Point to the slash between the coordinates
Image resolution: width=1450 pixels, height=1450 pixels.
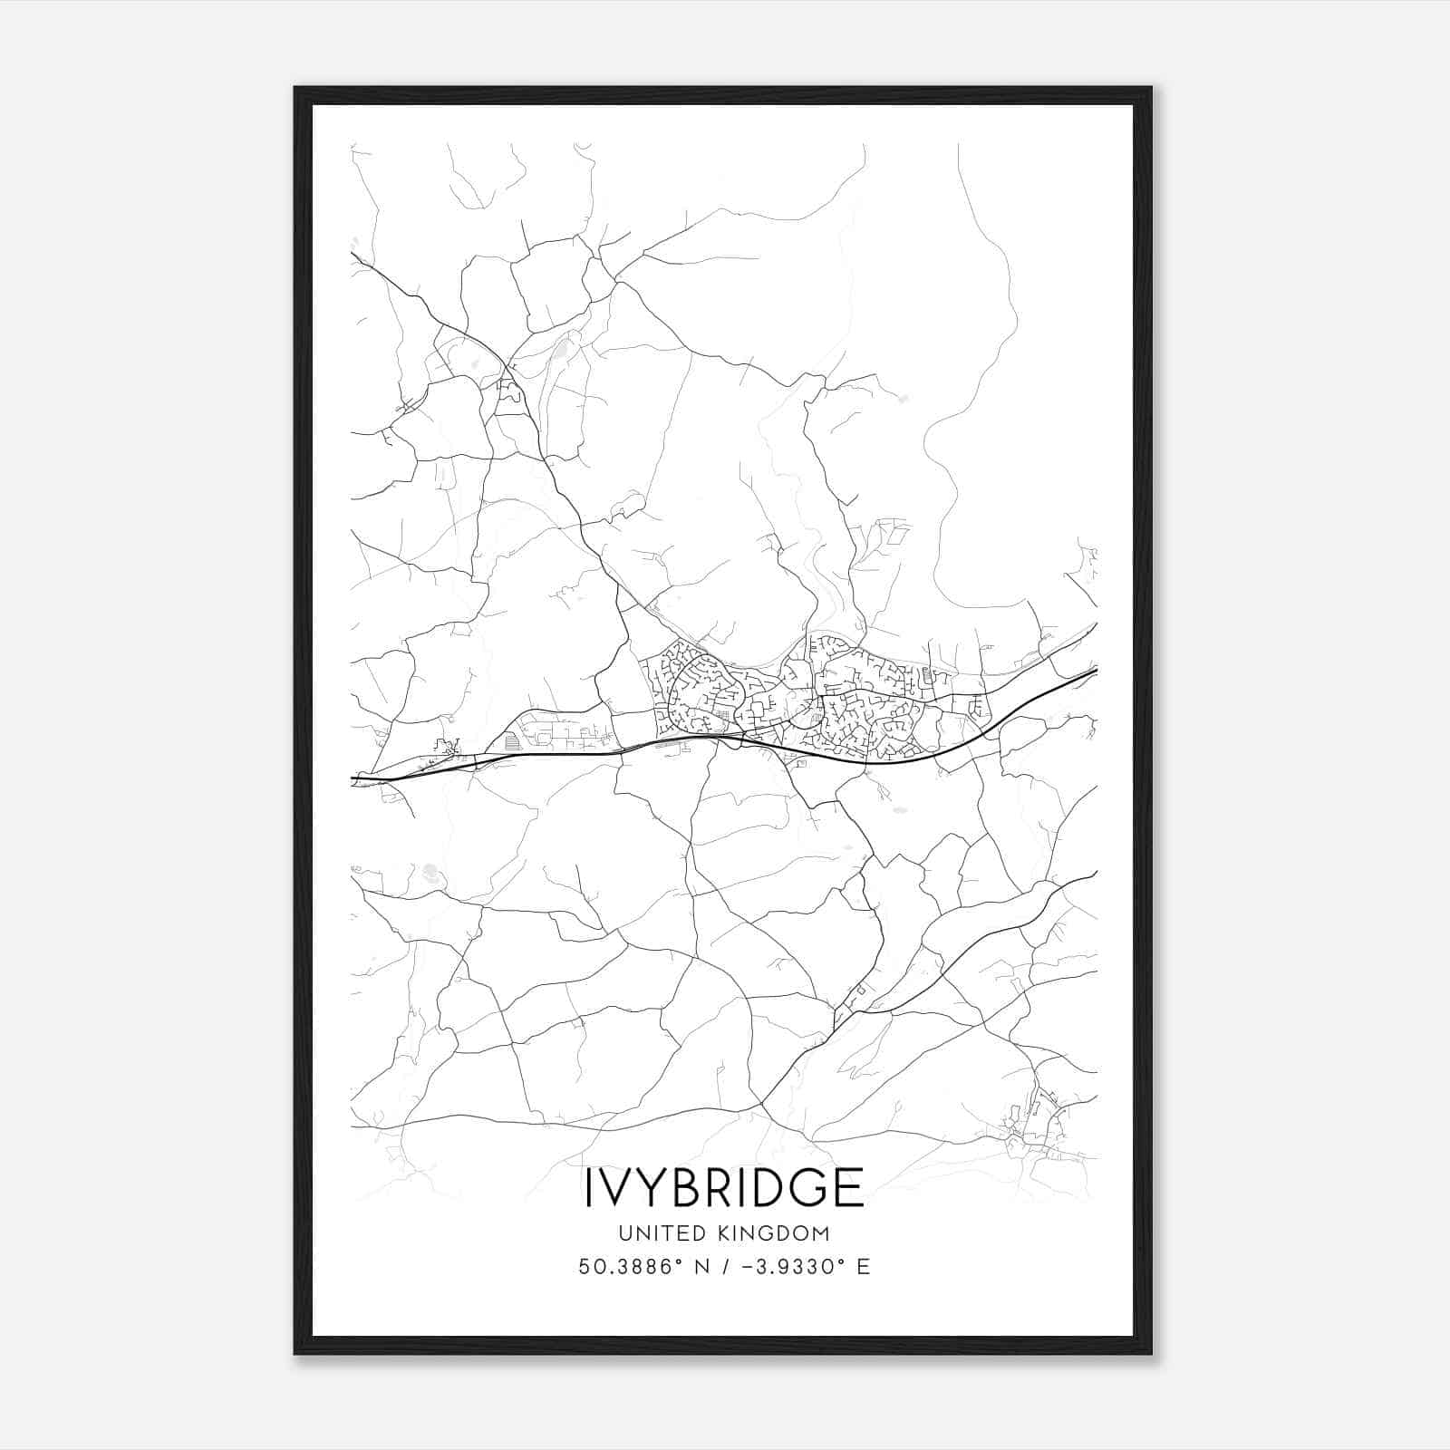point(724,1267)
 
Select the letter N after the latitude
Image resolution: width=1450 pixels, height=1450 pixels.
point(701,1267)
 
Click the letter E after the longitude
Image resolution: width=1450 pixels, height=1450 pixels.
point(863,1267)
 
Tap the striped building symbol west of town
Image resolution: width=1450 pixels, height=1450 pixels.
point(513,741)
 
